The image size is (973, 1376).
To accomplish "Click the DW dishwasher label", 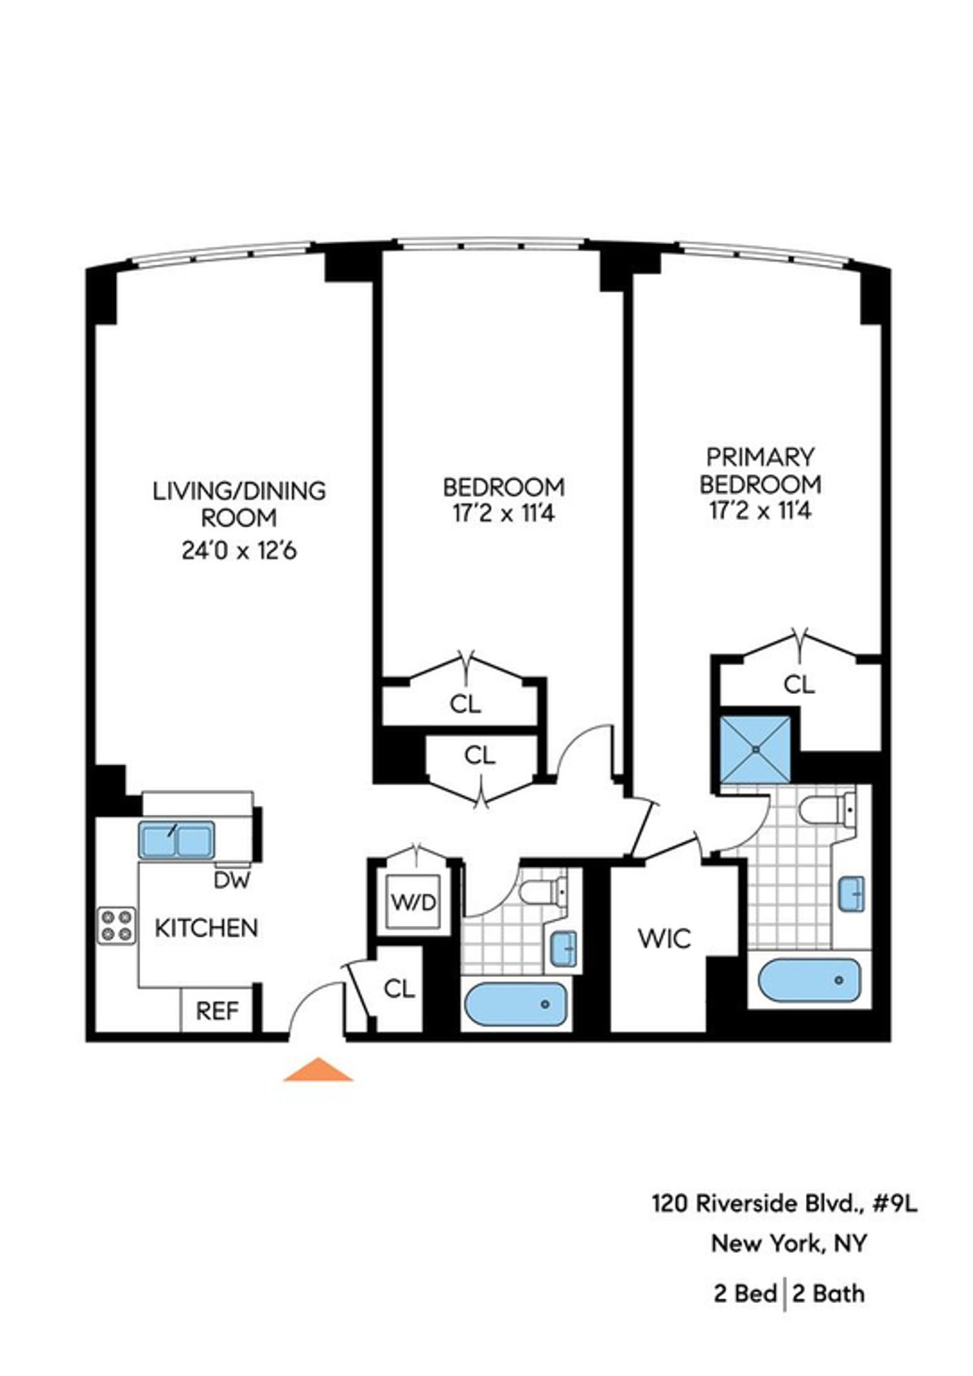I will pos(233,880).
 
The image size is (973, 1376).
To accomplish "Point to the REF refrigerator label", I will pos(218,1011).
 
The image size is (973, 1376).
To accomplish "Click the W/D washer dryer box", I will pos(414,900).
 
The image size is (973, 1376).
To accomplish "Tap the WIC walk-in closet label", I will pos(665,939).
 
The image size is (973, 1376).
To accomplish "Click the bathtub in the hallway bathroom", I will pos(516,1005).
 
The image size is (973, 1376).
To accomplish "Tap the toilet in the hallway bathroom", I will pos(542,893).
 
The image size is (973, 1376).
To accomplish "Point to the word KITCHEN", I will pos(206,928).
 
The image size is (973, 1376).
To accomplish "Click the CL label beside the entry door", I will pos(399,988).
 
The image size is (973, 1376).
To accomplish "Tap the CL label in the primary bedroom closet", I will pos(799,685).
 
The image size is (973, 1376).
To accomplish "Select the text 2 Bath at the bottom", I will pos(829,1292).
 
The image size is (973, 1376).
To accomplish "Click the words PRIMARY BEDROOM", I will pos(760,471).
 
